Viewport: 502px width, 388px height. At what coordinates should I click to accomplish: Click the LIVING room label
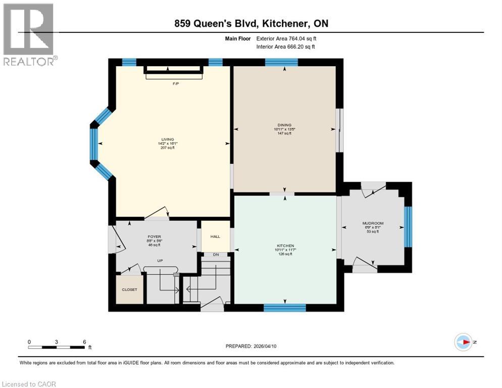point(168,139)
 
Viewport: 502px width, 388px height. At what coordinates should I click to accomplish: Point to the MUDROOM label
point(373,223)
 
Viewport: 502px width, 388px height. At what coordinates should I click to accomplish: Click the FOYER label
point(154,236)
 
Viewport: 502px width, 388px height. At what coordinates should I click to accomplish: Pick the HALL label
point(216,236)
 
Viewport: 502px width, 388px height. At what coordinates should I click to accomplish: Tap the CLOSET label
point(129,290)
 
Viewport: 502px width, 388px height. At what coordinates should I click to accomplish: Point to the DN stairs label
point(216,254)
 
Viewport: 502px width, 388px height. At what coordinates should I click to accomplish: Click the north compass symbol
point(463,342)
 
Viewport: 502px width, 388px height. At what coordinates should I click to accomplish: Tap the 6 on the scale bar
point(84,342)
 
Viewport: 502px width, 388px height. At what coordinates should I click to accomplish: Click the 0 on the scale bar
point(29,342)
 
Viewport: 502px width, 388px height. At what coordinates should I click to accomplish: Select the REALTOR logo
point(29,34)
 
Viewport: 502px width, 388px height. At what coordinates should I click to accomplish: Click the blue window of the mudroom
point(408,226)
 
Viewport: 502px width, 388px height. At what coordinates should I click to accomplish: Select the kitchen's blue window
point(285,307)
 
